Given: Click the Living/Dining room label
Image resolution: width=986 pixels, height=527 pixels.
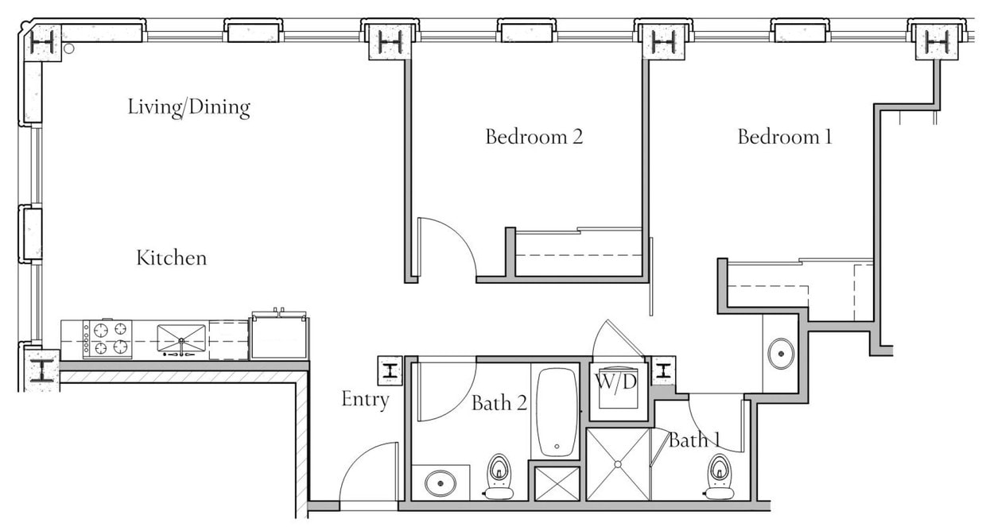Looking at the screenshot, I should click(189, 107).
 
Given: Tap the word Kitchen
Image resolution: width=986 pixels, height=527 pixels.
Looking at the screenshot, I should click(172, 258).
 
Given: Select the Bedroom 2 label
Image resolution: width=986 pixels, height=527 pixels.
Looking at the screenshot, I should click(534, 137).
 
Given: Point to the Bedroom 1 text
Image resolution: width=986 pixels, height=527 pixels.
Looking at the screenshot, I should click(784, 137).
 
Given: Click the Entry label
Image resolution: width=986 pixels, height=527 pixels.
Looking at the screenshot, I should click(365, 399).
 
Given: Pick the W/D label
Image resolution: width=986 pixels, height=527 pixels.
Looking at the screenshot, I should click(616, 382).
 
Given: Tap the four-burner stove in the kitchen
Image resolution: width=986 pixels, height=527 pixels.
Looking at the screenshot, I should click(107, 339).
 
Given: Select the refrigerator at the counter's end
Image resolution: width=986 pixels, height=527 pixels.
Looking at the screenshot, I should click(279, 337).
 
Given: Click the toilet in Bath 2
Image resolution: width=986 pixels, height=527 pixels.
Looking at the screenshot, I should click(499, 476).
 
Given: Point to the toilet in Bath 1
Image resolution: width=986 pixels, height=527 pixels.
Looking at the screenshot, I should click(720, 476).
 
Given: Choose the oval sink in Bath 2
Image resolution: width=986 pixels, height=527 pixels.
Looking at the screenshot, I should click(440, 482).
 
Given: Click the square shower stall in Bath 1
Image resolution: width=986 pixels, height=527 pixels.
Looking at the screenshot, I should click(618, 465).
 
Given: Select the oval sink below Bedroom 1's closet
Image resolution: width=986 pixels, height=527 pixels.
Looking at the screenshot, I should click(780, 352).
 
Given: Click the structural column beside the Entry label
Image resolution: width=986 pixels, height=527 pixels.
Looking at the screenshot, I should click(390, 370).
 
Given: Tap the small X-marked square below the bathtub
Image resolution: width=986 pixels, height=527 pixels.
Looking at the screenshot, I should click(557, 483).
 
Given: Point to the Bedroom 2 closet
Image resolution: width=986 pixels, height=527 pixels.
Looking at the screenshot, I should click(578, 254).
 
